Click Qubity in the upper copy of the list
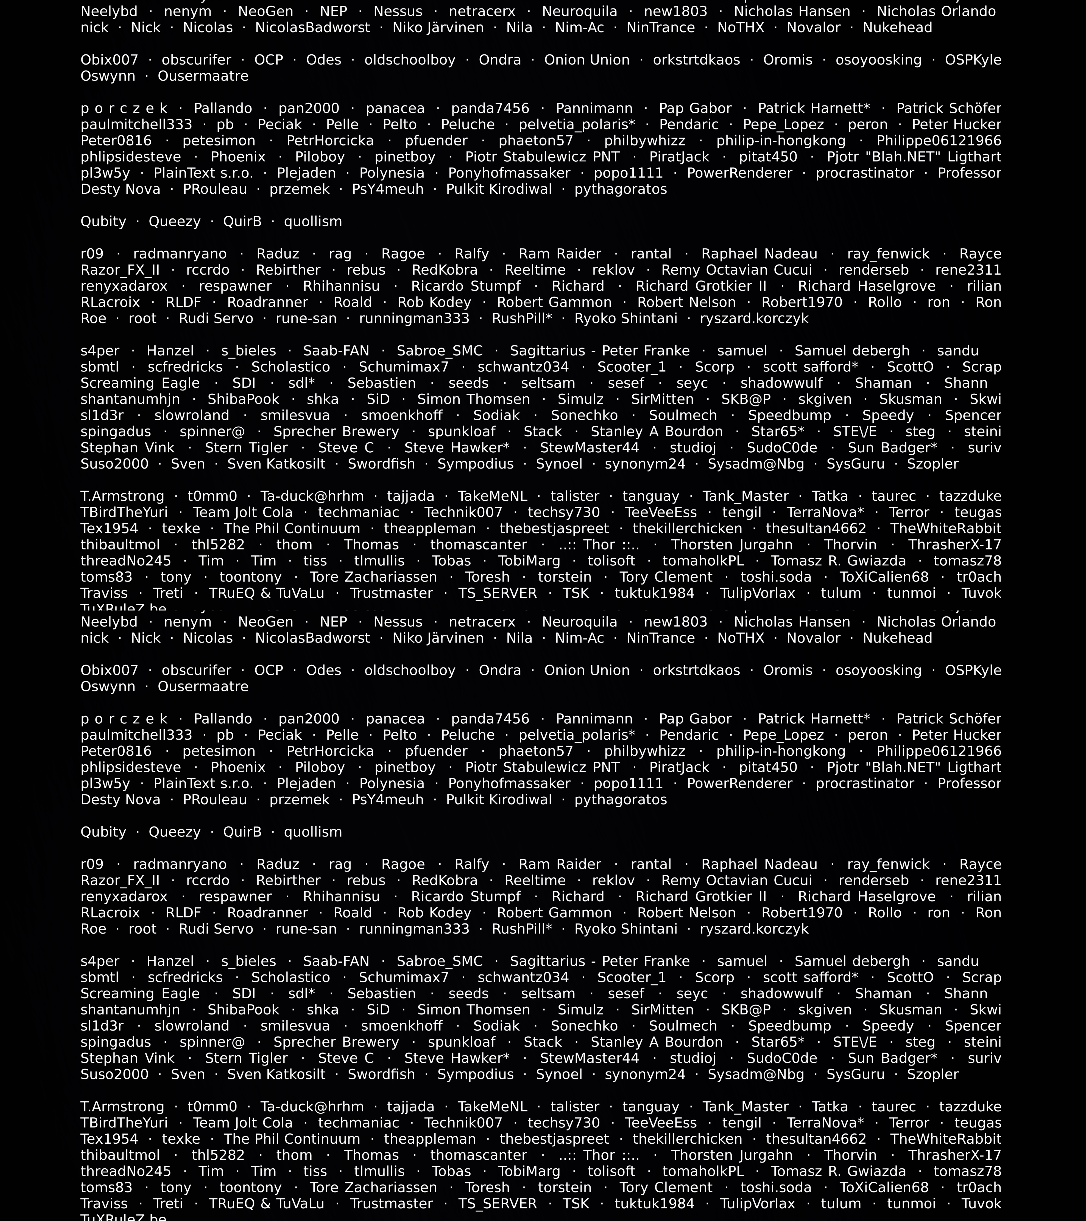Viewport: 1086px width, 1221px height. coord(103,222)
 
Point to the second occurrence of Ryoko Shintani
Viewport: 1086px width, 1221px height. coord(626,929)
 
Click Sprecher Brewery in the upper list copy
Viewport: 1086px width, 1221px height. coord(336,432)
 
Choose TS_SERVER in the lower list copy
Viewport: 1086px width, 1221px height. coord(497,1204)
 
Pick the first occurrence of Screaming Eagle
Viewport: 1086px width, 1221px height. coord(140,383)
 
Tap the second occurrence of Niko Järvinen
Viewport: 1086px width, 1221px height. coord(438,638)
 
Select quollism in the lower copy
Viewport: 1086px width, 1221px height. coord(312,832)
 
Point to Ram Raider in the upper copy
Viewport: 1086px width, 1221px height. coord(560,254)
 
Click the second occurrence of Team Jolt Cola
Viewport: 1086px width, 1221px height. coord(243,1123)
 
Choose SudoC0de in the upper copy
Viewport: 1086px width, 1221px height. coord(782,448)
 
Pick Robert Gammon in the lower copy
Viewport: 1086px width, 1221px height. coord(554,913)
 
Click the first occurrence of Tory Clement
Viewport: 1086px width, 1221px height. coord(666,577)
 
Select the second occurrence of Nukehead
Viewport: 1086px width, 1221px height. coord(897,638)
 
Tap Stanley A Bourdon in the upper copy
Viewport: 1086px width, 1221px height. coord(656,432)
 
